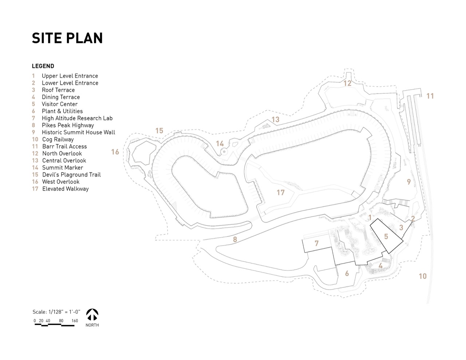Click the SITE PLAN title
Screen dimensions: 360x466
coord(67,38)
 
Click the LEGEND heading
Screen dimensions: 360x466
coord(43,66)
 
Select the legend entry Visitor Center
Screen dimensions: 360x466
coord(59,104)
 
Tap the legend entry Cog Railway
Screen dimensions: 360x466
coord(58,139)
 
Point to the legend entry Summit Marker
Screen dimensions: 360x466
coord(62,167)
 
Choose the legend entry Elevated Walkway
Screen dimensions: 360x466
coord(65,189)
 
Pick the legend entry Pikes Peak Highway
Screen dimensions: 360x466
coord(68,125)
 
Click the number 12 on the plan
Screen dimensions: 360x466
coord(347,83)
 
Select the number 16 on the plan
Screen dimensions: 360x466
coord(115,152)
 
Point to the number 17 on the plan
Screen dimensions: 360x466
coord(280,192)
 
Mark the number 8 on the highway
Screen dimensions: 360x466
coord(235,240)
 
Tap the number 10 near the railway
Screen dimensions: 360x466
coord(422,276)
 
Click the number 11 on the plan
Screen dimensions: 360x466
coord(430,96)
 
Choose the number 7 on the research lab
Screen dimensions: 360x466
coord(317,243)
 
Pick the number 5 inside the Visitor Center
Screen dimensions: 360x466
coord(386,237)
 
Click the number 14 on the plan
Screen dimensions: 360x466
coord(220,143)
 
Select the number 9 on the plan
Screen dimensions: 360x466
coord(409,182)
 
